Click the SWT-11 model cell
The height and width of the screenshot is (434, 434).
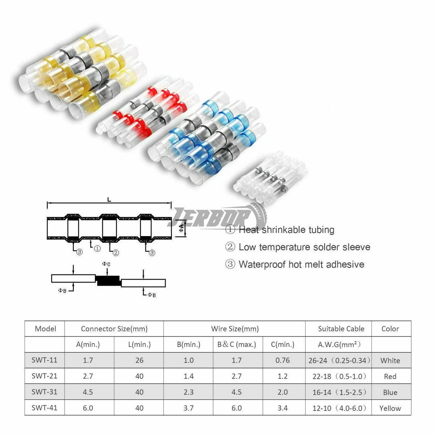coord(44,360)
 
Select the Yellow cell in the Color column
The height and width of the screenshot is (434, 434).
coord(390,408)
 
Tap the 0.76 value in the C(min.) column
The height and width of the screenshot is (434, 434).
coord(283,360)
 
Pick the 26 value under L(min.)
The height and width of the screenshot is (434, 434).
coord(139,360)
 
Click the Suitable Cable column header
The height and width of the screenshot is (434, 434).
coord(341,329)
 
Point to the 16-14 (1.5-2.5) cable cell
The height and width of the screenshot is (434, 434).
coord(339,392)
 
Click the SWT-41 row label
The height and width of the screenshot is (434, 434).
coord(44,408)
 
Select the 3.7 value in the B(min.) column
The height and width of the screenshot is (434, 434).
coord(188,408)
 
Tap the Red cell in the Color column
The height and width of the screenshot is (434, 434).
coord(390,376)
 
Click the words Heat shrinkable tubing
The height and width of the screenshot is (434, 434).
coord(286,230)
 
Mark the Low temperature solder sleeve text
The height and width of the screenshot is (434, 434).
coord(305,247)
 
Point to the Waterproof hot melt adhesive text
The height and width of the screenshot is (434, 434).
coord(301,264)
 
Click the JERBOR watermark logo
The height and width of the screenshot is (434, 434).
coord(217,216)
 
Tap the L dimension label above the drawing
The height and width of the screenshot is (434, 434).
coord(109,200)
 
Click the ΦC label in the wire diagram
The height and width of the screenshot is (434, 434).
coord(106,264)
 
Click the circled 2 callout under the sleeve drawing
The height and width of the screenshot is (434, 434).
coord(115,253)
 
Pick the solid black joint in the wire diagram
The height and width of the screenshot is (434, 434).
coord(108,280)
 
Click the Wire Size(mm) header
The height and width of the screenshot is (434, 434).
coord(235,329)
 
